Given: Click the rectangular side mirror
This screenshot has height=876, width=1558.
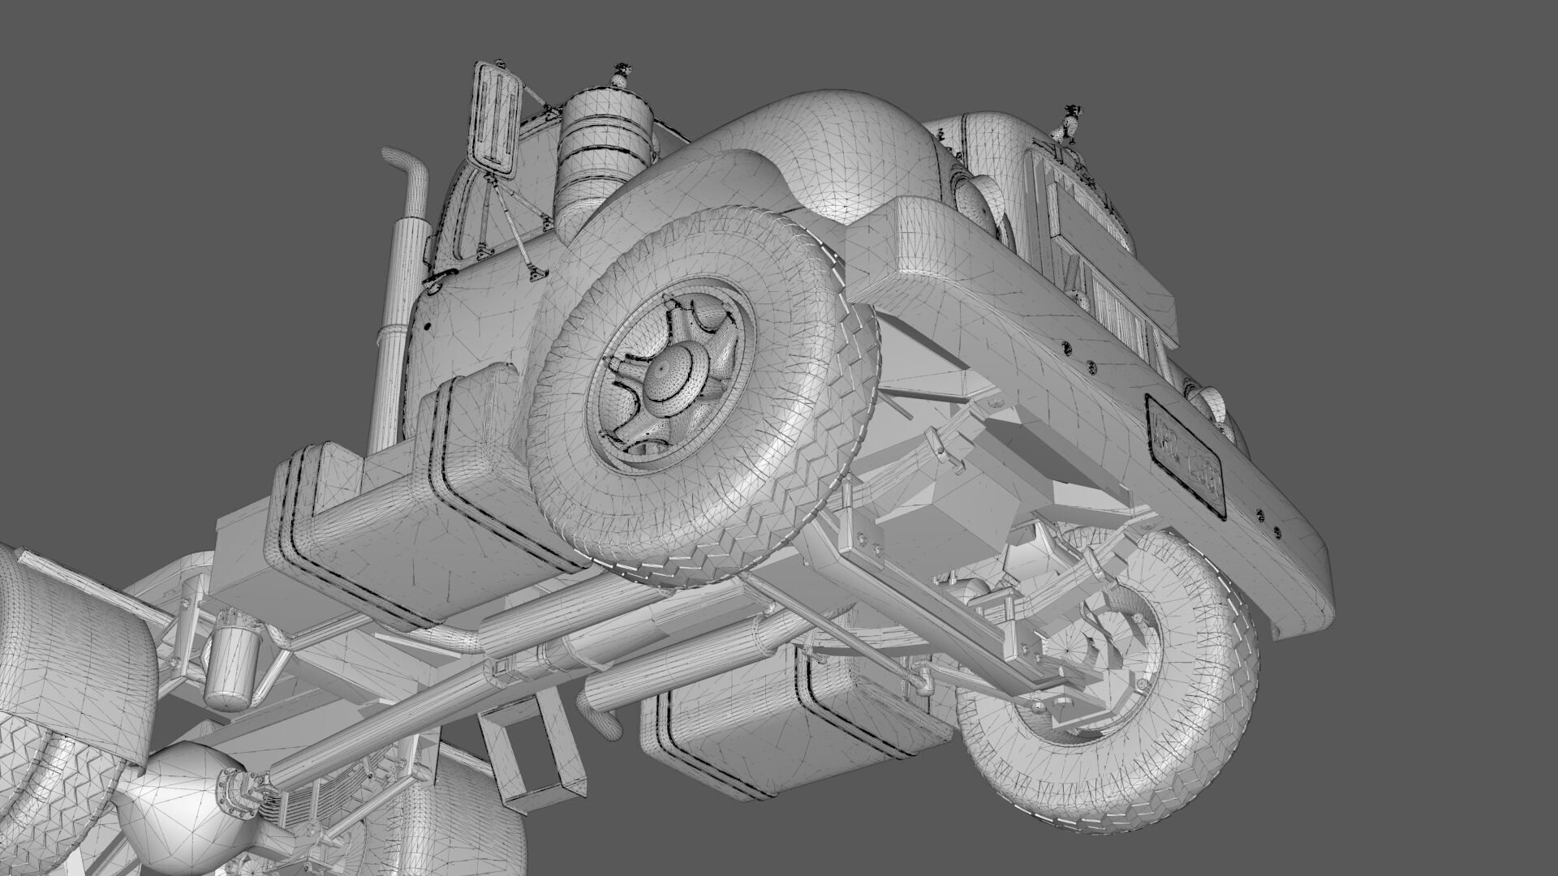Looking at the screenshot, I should coord(495,118).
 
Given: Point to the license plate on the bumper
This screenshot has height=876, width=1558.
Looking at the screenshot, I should coord(1186,453).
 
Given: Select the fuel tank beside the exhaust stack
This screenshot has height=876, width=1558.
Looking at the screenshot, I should coord(398,519).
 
